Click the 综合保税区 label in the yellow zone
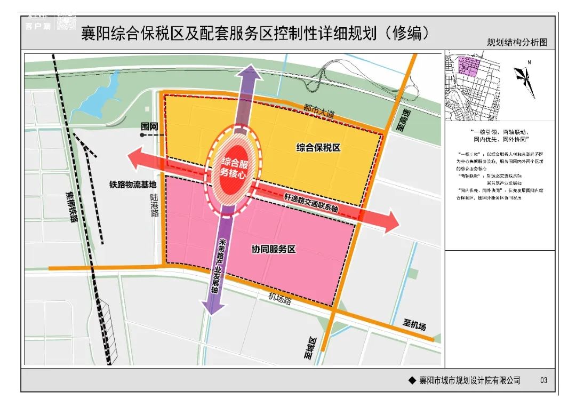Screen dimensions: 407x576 (x=318, y=148)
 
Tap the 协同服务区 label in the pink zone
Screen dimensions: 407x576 (x=273, y=249)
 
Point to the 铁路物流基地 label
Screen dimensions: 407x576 (x=133, y=185)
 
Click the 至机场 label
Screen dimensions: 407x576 (x=414, y=324)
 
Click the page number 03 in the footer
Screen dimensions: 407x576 (x=543, y=380)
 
